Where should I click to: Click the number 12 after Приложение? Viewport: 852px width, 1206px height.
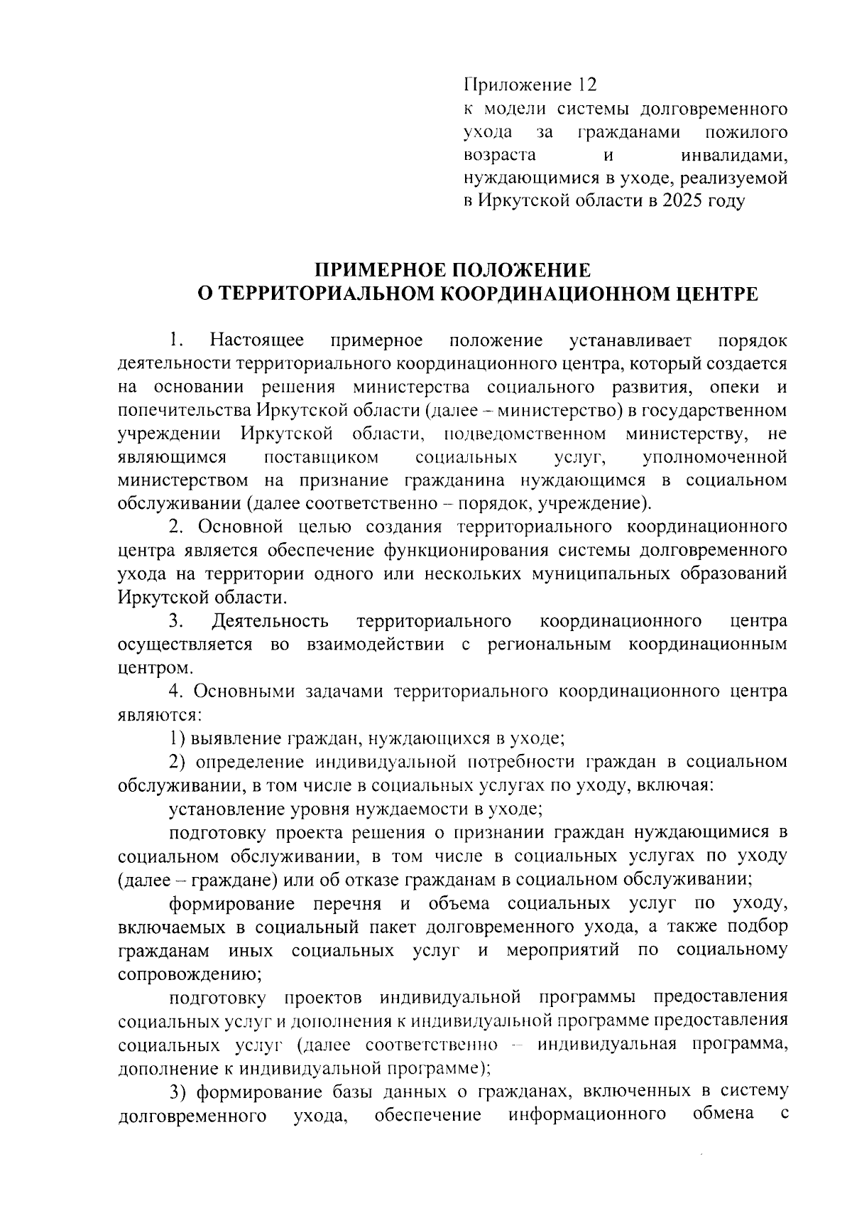(x=588, y=85)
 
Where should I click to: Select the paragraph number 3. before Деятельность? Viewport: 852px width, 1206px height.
(x=177, y=621)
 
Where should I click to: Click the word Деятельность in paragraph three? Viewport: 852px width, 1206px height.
(x=270, y=621)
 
